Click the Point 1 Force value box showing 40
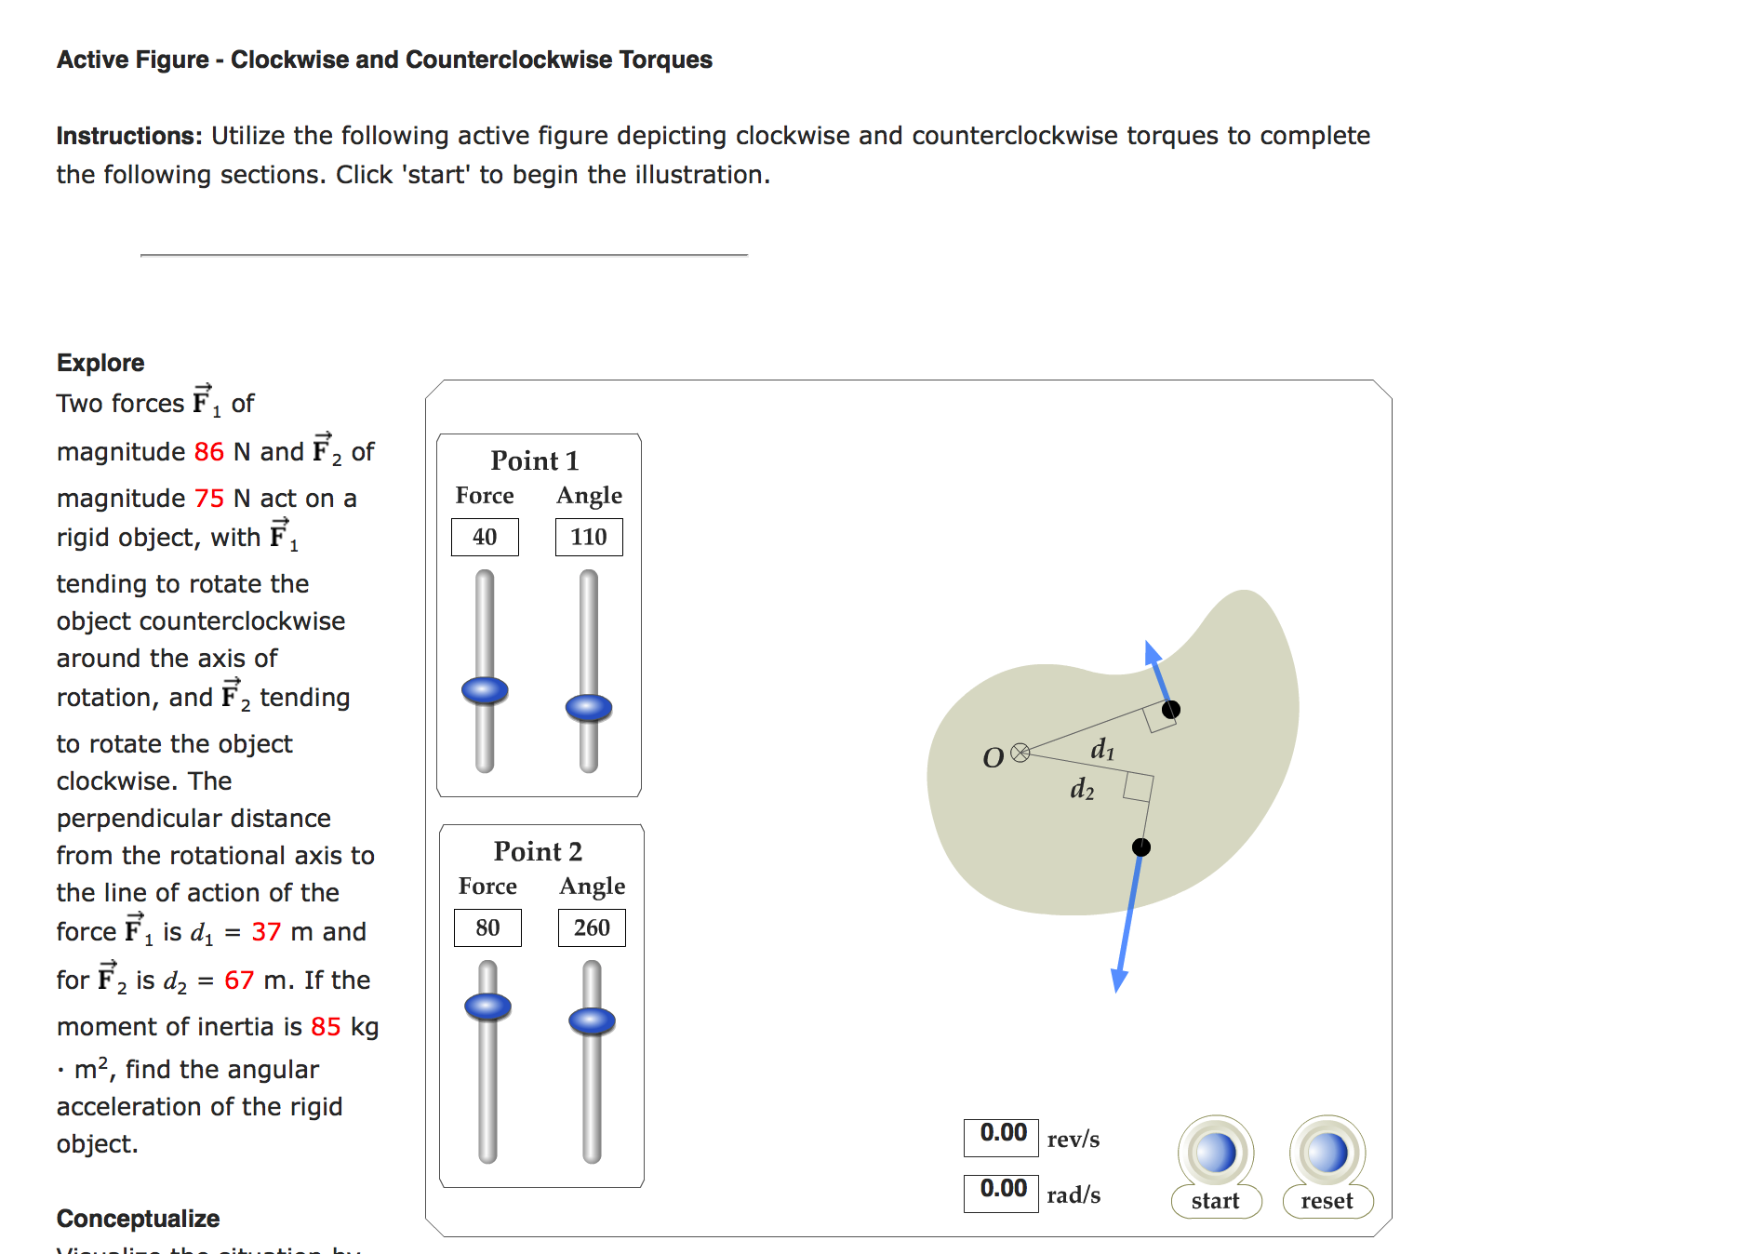[485, 537]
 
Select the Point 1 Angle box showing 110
[589, 537]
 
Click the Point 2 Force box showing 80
[487, 927]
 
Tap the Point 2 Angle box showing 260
[592, 927]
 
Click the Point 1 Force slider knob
[485, 690]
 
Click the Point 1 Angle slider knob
[589, 708]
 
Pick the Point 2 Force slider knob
[487, 1007]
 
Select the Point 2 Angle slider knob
[592, 1021]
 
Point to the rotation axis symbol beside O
[1020, 753]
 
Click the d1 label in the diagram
[1102, 749]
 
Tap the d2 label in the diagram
[1082, 790]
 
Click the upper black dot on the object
[1171, 710]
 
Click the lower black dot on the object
[1141, 847]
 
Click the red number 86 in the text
[209, 452]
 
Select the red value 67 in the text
[239, 981]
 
